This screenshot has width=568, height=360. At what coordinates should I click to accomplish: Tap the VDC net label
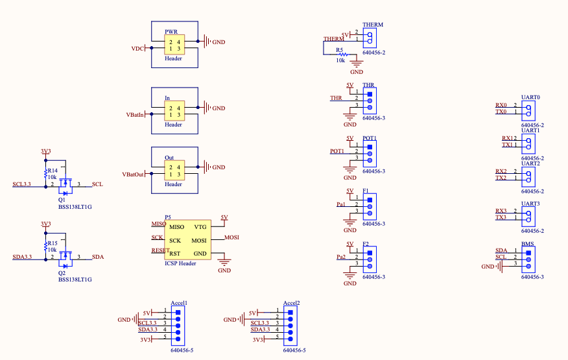coord(137,49)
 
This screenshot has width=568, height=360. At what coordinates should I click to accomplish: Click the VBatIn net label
coord(135,115)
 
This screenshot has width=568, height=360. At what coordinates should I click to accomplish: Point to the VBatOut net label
coord(133,174)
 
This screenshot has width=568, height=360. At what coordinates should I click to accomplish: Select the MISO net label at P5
coord(158,224)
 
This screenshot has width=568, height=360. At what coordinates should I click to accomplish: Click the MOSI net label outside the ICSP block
coord(231,237)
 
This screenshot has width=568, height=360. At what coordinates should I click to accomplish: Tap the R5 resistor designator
coord(339,49)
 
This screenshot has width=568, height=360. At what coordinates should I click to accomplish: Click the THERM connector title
coord(373,25)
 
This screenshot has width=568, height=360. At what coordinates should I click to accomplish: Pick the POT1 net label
coord(337,151)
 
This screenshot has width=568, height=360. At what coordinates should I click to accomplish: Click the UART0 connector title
coord(530,97)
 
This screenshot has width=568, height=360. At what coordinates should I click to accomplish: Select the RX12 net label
coord(509,138)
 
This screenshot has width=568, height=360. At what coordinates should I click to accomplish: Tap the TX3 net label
coord(501,217)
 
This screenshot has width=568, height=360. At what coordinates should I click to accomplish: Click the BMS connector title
coord(527,244)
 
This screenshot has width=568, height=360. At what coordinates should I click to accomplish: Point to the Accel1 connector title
coord(179,303)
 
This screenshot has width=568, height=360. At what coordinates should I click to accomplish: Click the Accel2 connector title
coord(291,303)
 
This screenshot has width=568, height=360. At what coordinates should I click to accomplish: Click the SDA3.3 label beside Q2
coord(21,257)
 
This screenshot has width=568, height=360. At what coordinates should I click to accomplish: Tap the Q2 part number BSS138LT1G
coord(75,280)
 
